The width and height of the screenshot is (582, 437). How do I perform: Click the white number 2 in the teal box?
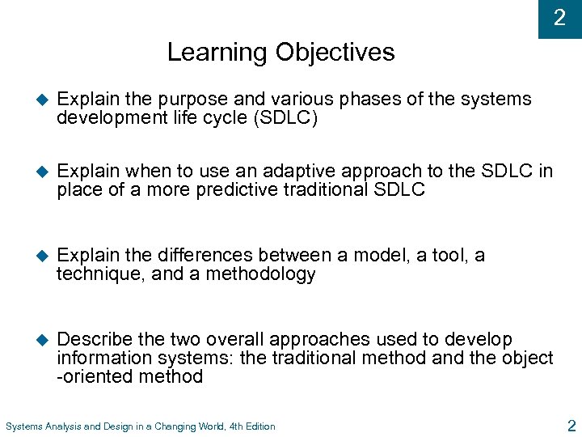[559, 18]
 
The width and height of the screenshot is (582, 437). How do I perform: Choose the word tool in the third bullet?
[438, 256]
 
